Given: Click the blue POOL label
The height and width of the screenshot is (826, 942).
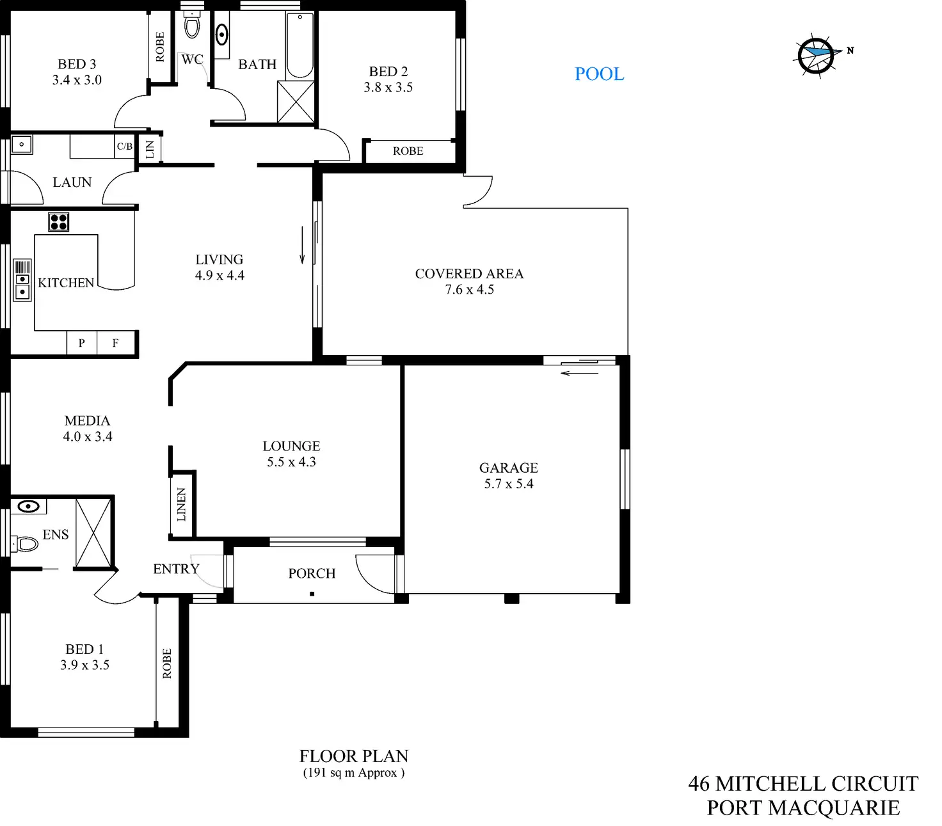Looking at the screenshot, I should click(599, 74).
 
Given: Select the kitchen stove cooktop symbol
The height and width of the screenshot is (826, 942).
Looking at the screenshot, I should click(59, 222).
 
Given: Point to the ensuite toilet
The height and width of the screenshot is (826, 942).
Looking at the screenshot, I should click(26, 544).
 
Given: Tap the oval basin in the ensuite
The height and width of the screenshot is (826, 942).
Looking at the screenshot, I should click(29, 507).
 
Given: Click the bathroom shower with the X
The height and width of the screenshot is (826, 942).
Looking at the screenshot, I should click(296, 101).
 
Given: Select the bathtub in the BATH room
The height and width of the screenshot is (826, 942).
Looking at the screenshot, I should click(299, 45).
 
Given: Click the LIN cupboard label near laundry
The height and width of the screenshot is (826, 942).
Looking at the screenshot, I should click(150, 150).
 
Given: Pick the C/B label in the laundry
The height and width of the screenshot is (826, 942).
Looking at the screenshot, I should click(124, 147).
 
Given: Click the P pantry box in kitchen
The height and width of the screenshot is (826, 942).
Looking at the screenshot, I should click(82, 343).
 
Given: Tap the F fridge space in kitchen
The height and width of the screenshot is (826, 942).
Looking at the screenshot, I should click(116, 343).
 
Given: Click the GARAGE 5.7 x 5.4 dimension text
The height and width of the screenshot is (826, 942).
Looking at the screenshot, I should click(509, 484).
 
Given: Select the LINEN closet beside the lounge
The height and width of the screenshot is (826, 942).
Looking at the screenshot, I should click(182, 504).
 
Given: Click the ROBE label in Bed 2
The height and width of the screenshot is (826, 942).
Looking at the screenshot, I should click(408, 151).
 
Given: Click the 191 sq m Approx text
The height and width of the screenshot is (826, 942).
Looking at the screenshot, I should click(353, 773).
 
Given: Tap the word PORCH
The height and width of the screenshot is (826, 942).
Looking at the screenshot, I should click(312, 573).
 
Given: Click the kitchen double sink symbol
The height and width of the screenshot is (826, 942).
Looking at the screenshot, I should click(22, 286).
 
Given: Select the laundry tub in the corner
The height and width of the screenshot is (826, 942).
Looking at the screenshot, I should click(22, 145).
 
